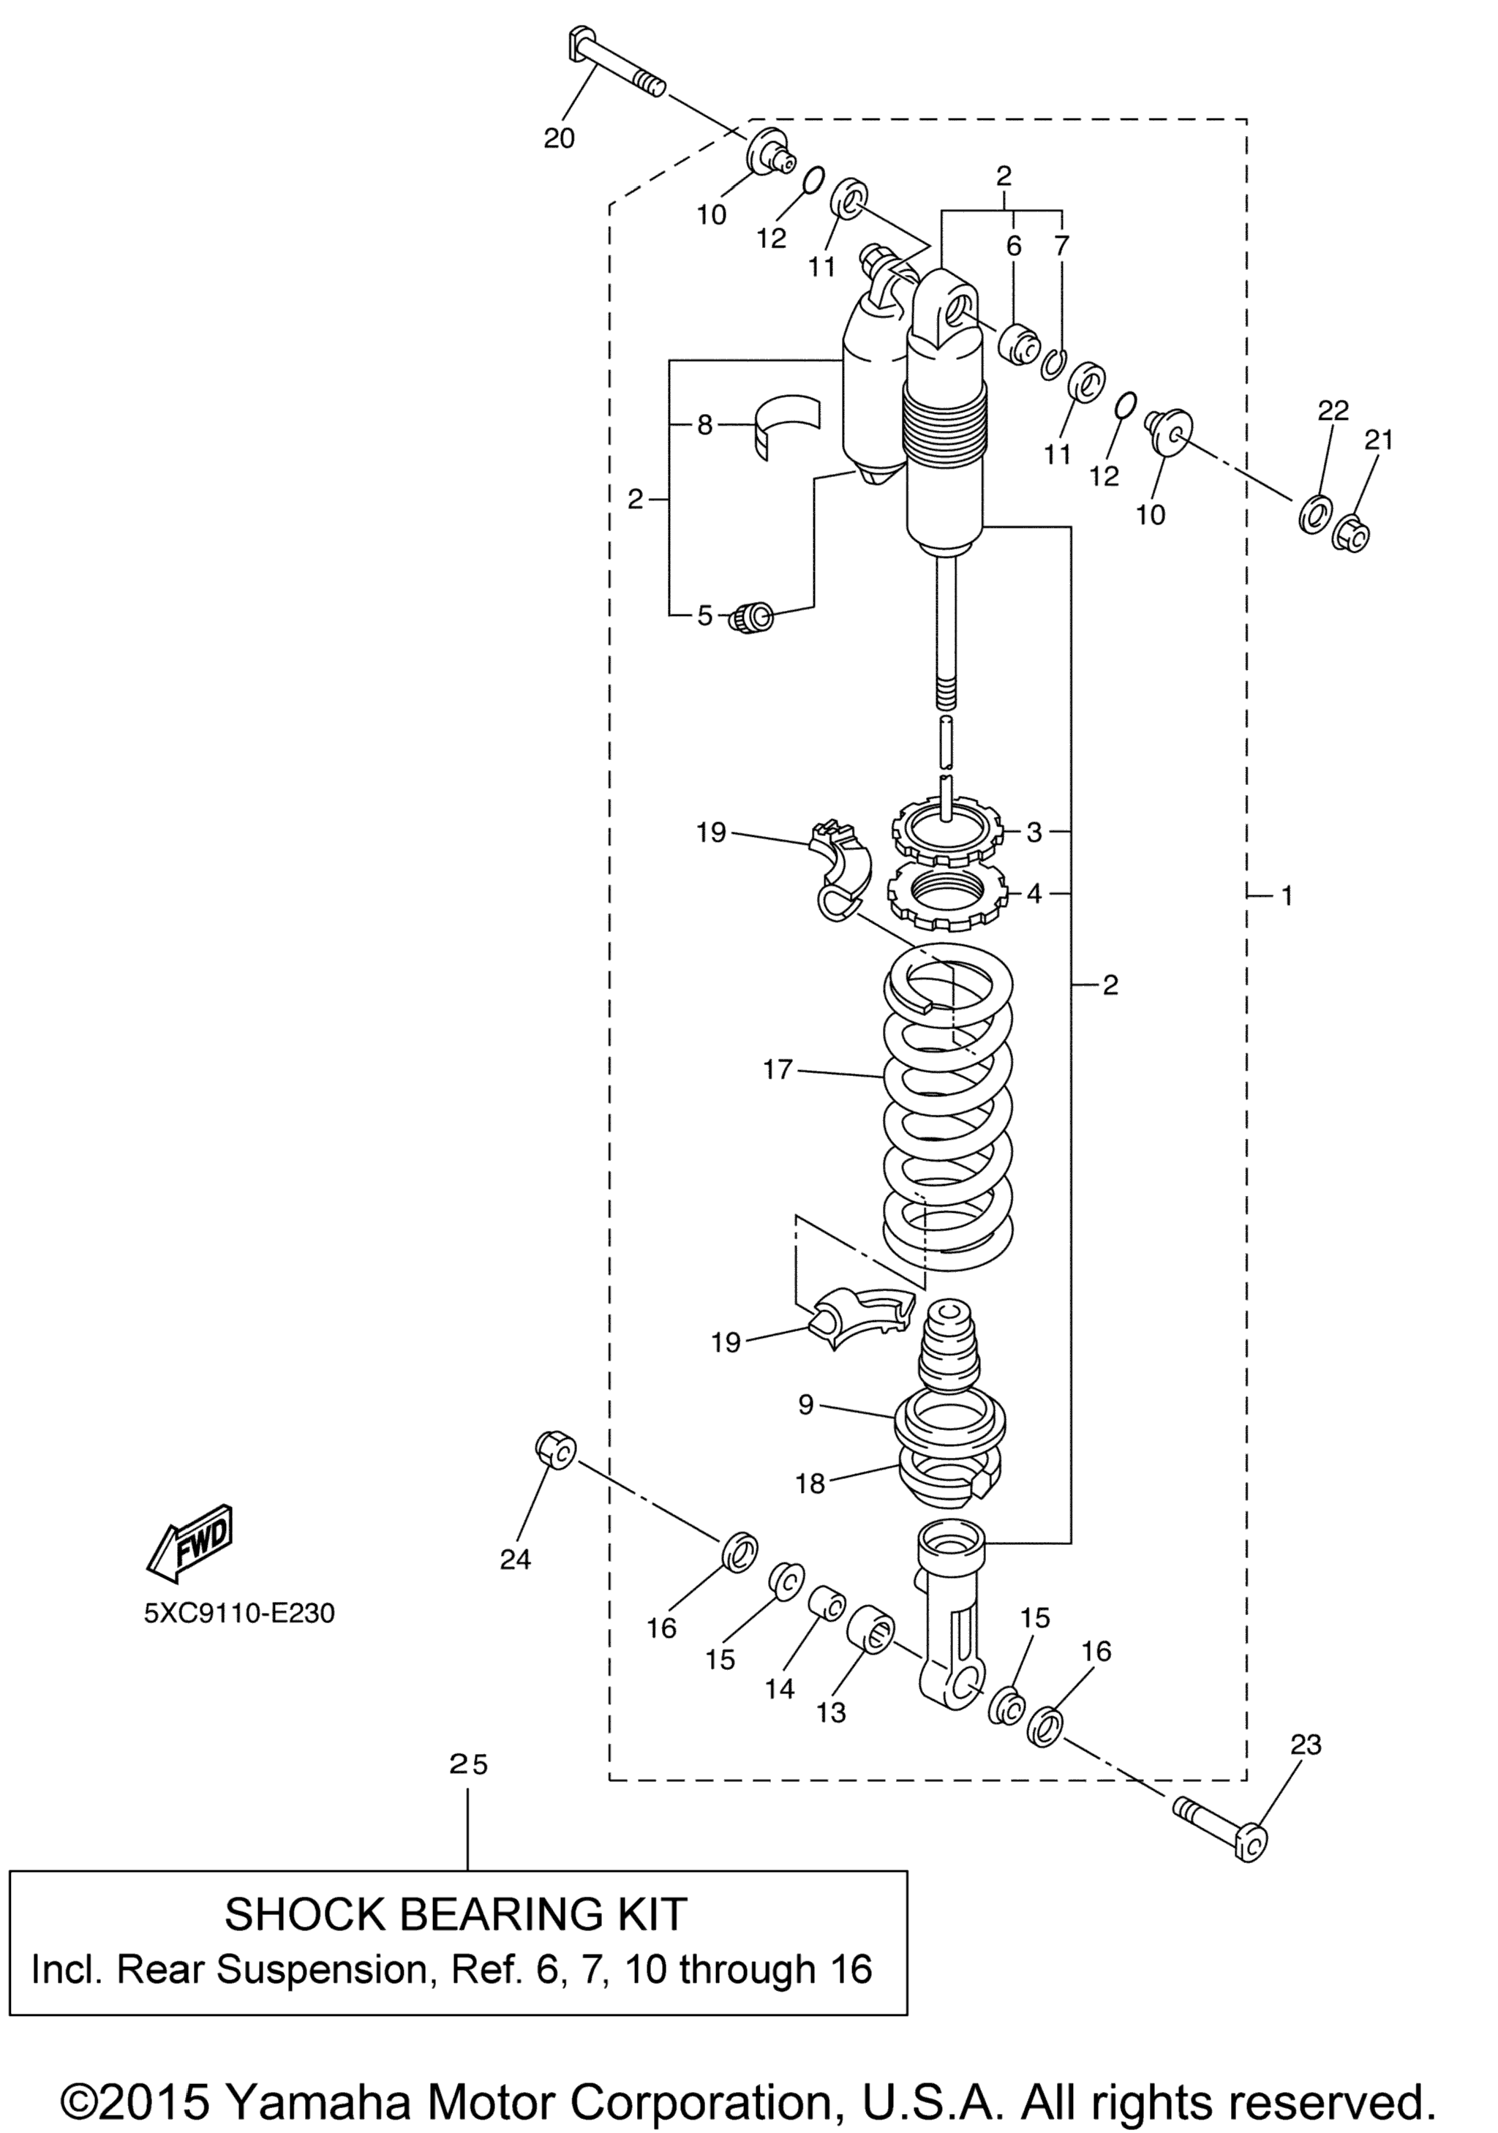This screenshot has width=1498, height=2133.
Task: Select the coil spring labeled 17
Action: (946, 1108)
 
